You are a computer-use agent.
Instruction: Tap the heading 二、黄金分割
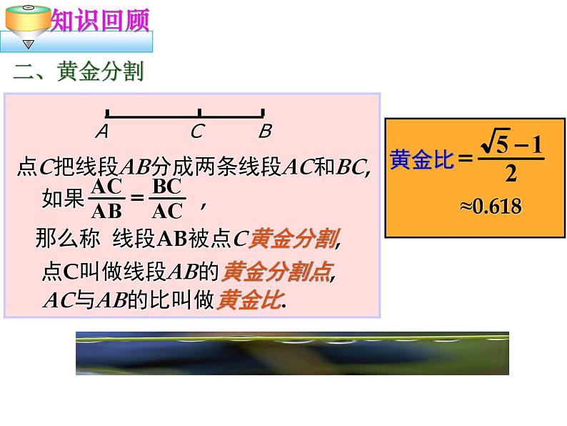79,71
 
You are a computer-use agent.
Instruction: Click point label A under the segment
102,132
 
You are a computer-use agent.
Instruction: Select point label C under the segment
197,132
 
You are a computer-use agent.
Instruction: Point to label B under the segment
264,132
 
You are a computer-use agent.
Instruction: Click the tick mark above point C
199,112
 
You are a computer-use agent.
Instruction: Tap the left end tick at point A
106,112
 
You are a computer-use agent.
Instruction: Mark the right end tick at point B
264,112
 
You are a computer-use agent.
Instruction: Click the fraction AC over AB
108,199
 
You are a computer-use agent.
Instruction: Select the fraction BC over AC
169,199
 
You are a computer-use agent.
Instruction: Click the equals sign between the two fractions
138,199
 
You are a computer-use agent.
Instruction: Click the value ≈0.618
490,207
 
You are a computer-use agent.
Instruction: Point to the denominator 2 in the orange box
511,174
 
